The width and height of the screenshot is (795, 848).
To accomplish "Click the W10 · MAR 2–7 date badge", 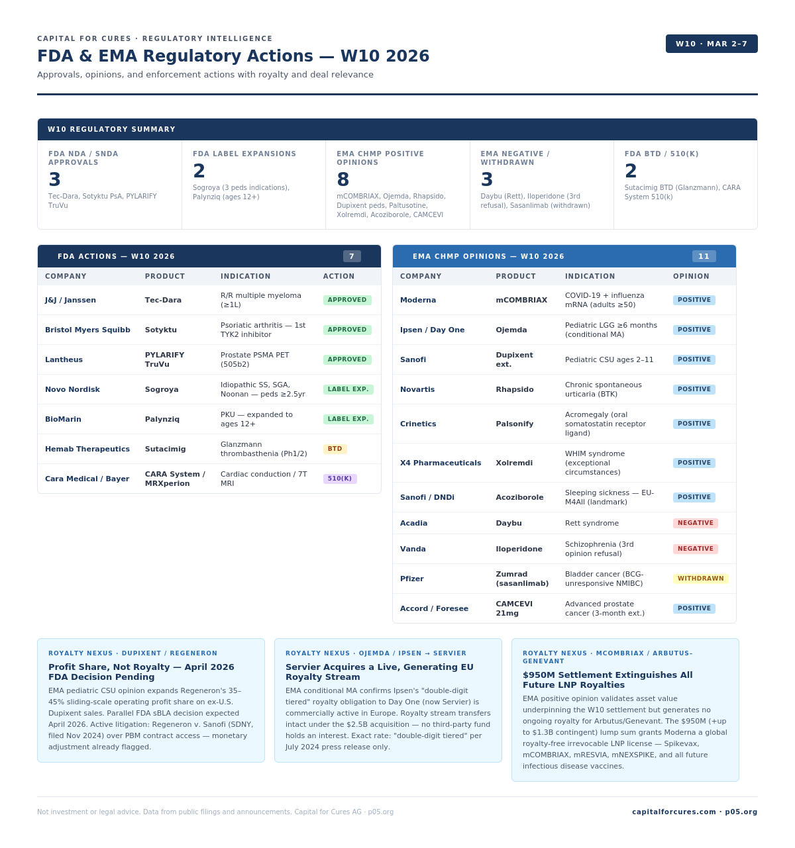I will click(x=712, y=44).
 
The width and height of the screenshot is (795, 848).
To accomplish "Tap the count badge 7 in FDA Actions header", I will click(x=352, y=256).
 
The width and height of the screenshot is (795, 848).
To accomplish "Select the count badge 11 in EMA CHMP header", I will click(x=704, y=256).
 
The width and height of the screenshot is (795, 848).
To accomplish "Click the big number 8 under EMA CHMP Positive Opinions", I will click(x=343, y=179).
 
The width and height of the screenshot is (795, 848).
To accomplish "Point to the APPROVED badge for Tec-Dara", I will click(x=347, y=300).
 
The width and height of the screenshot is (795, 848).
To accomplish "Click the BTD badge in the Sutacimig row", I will click(x=335, y=449).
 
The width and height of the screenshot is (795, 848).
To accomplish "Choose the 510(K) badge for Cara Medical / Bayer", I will click(x=340, y=479).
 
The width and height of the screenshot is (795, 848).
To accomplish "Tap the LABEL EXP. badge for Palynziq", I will click(x=348, y=419).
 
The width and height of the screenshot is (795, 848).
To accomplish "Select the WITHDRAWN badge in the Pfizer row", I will click(x=700, y=579).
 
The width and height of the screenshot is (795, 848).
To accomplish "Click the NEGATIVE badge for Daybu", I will click(x=695, y=523).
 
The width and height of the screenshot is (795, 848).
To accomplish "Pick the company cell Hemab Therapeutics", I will click(x=87, y=449).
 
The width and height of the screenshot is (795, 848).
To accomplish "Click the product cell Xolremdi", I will click(x=514, y=463).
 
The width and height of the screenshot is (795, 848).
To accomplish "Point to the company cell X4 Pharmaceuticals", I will click(x=441, y=463).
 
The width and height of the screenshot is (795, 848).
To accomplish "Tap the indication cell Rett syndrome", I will click(x=592, y=523).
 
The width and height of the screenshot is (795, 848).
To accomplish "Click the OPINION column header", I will click(x=691, y=276).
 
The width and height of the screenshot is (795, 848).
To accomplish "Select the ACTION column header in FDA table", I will click(x=339, y=276).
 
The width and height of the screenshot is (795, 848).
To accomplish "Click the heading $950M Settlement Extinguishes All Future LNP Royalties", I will click(x=608, y=680).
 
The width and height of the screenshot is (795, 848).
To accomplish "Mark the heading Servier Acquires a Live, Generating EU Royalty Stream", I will click(x=380, y=672).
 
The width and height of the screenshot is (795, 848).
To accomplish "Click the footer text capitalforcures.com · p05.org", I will click(x=694, y=812).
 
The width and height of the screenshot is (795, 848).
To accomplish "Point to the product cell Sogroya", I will click(x=162, y=389).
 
